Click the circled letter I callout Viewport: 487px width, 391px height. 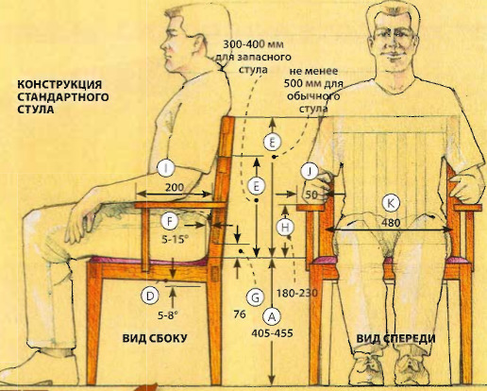tap(166, 168)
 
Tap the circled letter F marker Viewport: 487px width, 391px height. tap(169, 221)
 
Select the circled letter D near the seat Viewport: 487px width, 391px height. tap(150, 296)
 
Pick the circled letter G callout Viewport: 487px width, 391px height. tap(255, 297)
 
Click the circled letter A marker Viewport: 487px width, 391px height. tap(272, 316)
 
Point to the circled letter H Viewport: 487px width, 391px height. tap(285, 228)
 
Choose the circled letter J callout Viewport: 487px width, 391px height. tap(310, 172)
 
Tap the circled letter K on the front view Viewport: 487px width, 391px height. tap(391, 203)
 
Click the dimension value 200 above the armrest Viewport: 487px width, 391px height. tap(175, 188)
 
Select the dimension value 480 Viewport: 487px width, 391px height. tap(391, 223)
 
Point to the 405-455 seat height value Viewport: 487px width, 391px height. tap(272, 332)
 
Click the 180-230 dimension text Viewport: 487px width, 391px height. tap(297, 294)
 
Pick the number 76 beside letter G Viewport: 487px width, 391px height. tap(240, 314)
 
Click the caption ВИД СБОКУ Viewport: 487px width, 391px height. tap(155, 338)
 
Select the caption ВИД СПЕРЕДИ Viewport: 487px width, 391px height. tap(395, 338)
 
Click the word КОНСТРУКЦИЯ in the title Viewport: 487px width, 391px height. tap(59, 84)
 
